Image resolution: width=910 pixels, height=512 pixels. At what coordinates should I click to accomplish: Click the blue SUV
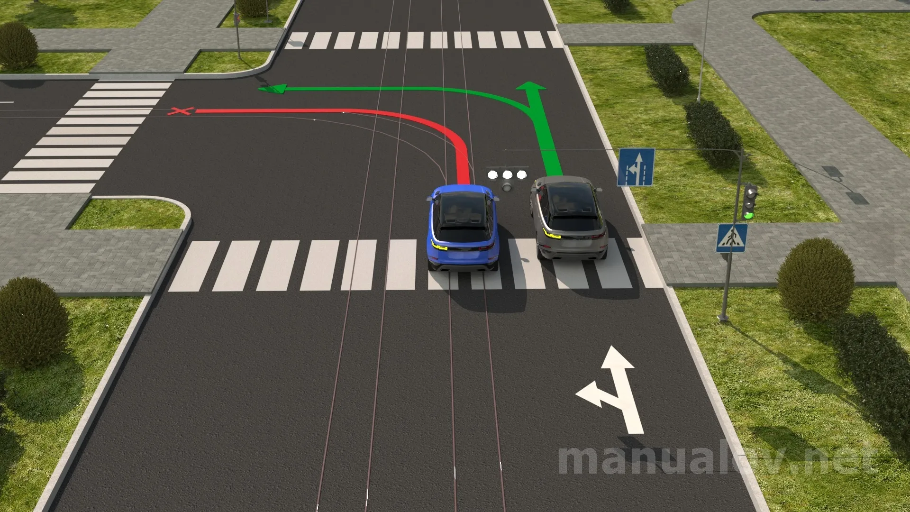pos(462,228)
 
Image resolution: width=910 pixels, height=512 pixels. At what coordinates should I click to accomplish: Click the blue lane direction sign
pos(636,167)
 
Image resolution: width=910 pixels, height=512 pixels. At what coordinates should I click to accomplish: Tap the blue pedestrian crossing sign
pos(732,238)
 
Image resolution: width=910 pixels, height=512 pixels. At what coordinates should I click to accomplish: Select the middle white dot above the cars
pos(507,174)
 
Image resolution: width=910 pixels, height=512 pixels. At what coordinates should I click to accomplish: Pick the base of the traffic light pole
pos(723,316)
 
